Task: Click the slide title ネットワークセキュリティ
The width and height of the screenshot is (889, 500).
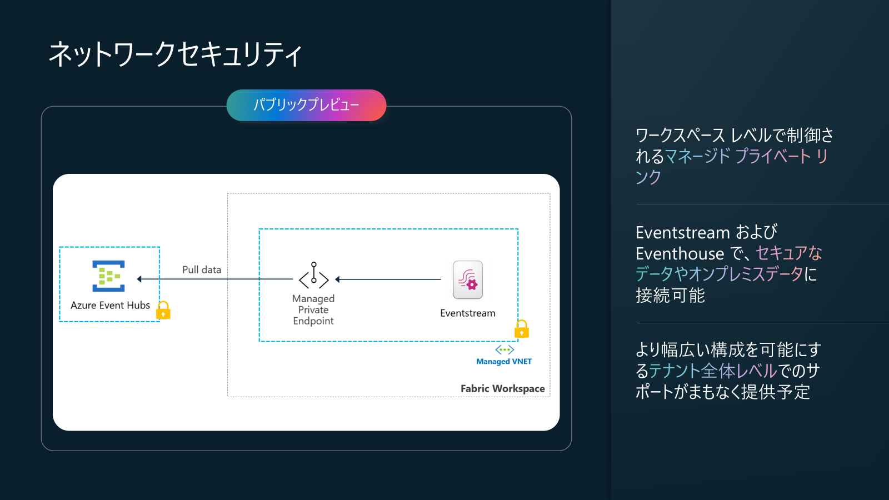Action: [176, 54]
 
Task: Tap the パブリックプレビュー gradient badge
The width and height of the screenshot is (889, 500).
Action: [306, 105]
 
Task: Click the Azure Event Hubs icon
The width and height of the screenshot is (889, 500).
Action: [108, 276]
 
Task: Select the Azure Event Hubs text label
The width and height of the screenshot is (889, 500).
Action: [111, 305]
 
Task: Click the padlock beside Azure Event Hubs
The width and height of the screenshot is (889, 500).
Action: [163, 310]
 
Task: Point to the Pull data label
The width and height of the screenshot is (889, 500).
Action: [202, 270]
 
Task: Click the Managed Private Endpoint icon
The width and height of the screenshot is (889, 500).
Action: [313, 275]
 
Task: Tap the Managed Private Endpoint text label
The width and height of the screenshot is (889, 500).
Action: [313, 310]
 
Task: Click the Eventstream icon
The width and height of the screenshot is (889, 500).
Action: [468, 280]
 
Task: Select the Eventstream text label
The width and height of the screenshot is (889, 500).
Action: [468, 313]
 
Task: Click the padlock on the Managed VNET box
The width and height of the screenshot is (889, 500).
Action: [522, 328]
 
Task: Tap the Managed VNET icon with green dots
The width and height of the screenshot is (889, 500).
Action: [505, 349]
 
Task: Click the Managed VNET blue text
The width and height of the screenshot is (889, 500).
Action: [504, 362]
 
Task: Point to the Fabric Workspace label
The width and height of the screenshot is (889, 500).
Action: [502, 388]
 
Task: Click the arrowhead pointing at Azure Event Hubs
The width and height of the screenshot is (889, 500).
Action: [139, 279]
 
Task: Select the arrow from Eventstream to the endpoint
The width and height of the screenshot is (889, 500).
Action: [388, 279]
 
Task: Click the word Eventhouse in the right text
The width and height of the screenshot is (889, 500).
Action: [680, 253]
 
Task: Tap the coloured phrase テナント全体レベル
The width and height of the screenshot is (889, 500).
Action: [713, 371]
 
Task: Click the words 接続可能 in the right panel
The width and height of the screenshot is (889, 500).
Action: [670, 296]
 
